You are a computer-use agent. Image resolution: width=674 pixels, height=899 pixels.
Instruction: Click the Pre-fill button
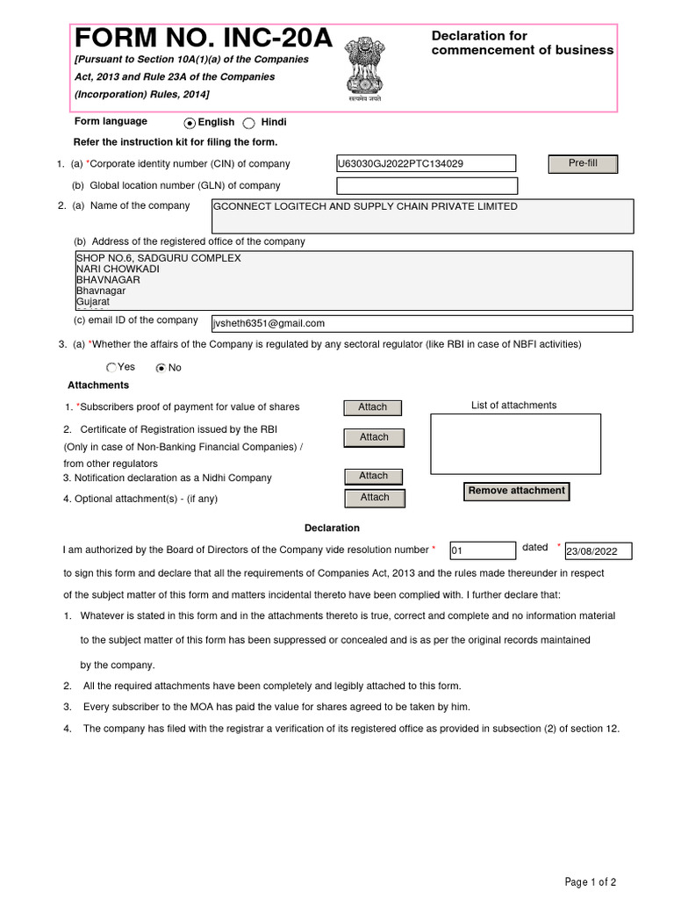click(583, 164)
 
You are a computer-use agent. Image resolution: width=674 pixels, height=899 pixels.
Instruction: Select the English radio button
click(190, 123)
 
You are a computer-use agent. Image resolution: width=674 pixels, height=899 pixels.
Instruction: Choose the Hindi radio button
click(249, 123)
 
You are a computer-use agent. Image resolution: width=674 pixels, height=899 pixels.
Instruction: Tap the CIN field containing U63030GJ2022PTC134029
click(427, 163)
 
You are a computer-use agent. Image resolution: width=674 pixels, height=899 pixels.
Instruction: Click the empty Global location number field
click(427, 186)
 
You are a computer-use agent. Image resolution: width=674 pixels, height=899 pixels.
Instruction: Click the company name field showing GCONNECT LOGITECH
click(421, 216)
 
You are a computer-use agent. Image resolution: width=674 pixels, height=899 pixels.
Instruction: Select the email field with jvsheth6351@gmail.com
click(416, 323)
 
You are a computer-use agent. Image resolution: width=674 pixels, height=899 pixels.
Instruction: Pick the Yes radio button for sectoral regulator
click(111, 368)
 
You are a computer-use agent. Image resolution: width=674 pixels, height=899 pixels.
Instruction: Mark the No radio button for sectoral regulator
click(161, 368)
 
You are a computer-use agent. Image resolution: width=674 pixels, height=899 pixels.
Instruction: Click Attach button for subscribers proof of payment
click(373, 407)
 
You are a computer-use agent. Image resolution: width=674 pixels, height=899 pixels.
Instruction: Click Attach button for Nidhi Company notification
click(373, 476)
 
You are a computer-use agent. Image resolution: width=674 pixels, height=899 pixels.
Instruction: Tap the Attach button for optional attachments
click(374, 498)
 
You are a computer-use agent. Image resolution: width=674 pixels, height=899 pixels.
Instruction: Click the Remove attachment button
click(516, 492)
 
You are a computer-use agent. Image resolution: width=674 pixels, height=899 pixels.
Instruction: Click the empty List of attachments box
click(515, 443)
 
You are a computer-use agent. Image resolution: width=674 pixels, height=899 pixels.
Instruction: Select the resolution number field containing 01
click(482, 550)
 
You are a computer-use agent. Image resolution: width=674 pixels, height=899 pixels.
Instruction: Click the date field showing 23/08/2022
click(598, 551)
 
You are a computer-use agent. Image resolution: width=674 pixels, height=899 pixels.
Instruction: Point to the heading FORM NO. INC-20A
click(204, 38)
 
